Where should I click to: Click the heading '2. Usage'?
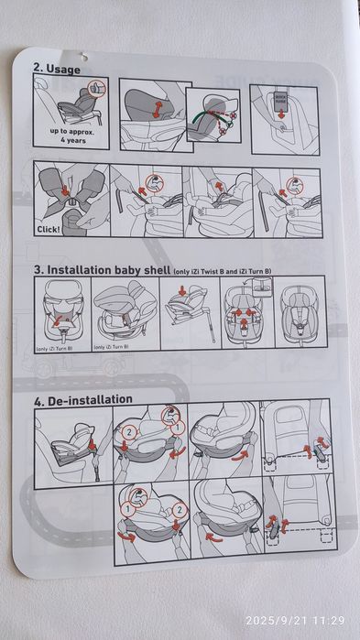click(x=57, y=68)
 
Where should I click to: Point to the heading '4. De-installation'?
click(x=83, y=399)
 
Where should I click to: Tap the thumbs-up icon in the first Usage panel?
click(x=96, y=89)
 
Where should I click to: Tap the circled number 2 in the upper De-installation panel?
click(x=130, y=430)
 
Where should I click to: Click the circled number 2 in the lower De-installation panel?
click(x=180, y=510)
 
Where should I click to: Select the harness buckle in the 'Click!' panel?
click(x=65, y=197)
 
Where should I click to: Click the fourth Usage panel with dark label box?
click(x=283, y=114)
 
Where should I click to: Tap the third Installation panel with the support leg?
click(x=185, y=316)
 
